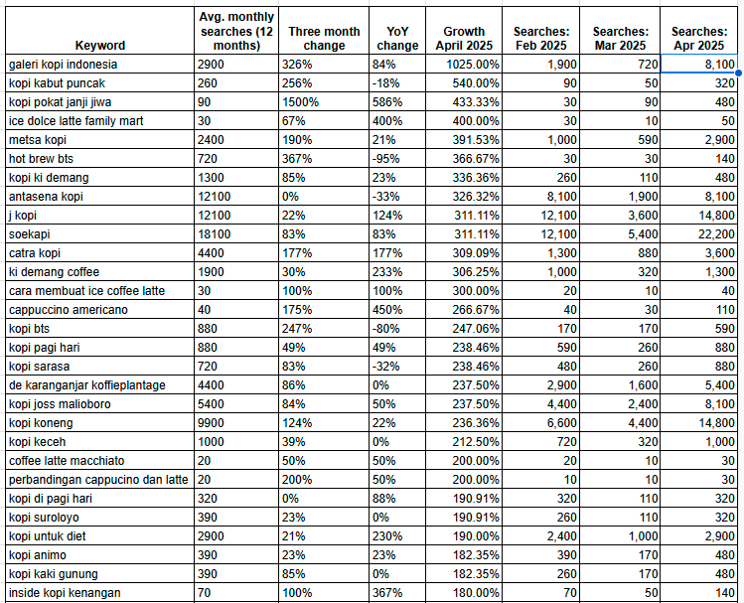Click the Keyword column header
pyautogui.click(x=99, y=46)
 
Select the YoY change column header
pyautogui.click(x=397, y=38)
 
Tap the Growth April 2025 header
pyautogui.click(x=464, y=38)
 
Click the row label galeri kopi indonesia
pyautogui.click(x=63, y=65)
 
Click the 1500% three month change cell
pyautogui.click(x=300, y=102)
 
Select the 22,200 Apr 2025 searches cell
pyautogui.click(x=715, y=234)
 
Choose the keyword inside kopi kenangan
pyautogui.click(x=65, y=593)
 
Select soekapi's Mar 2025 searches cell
pyautogui.click(x=629, y=234)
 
